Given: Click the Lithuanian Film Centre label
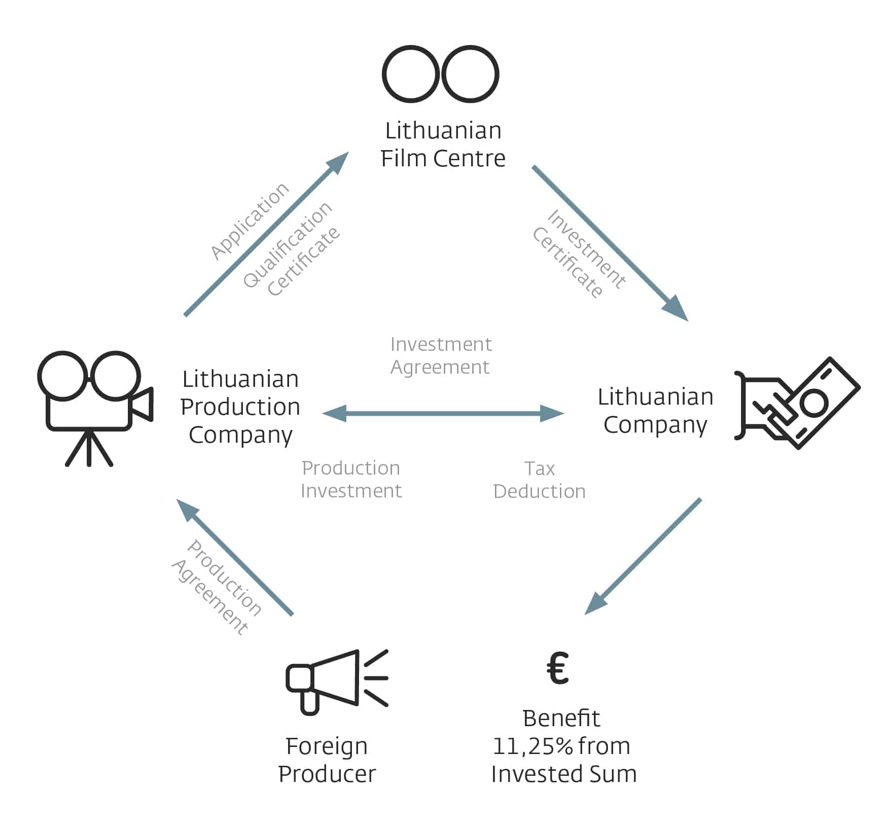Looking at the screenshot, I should [443, 145].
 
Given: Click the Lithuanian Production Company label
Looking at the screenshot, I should [240, 407].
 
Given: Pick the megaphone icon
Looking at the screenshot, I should [336, 680].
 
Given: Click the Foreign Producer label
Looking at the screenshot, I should [327, 760].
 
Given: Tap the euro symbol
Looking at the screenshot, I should [558, 668].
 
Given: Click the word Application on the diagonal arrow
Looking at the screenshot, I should [250, 221].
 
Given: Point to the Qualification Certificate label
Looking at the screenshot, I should [291, 249].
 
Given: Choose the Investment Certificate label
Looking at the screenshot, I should [578, 254].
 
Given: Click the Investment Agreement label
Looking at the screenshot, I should [441, 355].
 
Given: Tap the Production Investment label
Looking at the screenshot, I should [351, 479].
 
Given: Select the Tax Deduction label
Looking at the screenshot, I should [539, 480].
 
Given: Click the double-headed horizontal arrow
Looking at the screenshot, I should [443, 413].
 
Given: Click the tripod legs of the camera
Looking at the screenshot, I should [89, 449].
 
